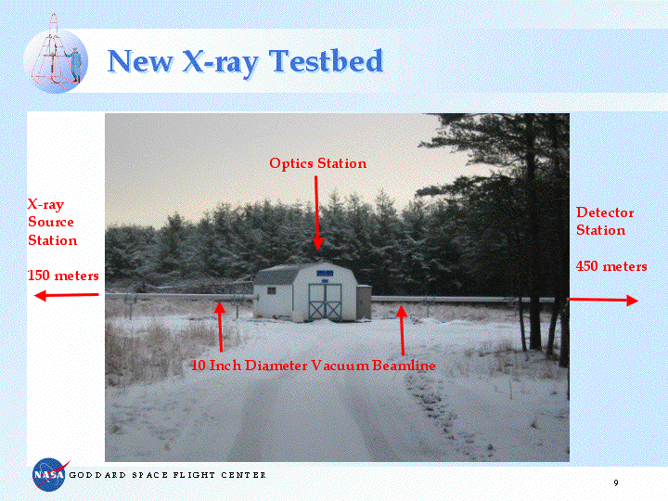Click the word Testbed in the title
coord(327,61)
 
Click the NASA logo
coord(49,474)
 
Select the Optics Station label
coord(318,163)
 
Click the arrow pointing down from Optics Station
coord(317,213)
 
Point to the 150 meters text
coord(63,276)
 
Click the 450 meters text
coord(611,266)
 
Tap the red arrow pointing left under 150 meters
coord(67,295)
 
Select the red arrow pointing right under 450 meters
coord(604,301)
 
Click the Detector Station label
coord(605,221)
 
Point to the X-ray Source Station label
coord(52,223)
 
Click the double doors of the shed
coord(325,302)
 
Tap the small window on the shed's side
coord(271,290)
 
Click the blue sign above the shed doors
coord(325,273)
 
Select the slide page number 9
coord(616,482)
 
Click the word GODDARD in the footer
coord(97,475)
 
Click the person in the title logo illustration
coord(75,64)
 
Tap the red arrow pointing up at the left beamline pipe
coord(220,327)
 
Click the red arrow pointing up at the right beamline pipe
coord(402,330)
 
